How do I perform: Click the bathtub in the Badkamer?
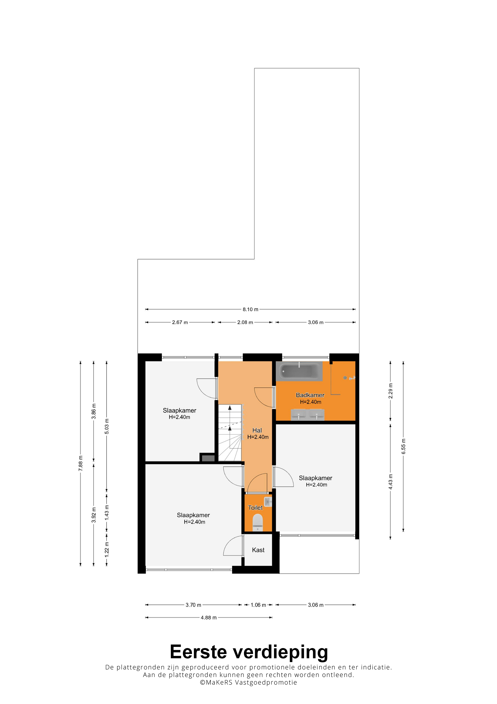point(299,371)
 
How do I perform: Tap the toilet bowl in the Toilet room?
point(257,522)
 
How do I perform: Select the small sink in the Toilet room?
point(268,502)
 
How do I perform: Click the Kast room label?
point(258,550)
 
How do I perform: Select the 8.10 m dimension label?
point(250,309)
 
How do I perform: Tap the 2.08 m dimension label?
point(245,322)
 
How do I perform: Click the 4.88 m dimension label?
point(209,618)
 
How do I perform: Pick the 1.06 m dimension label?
point(258,605)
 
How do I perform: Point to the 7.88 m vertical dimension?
point(80,464)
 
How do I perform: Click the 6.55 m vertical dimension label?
point(403,446)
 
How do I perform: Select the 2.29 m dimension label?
point(390,391)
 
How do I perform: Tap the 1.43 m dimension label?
point(106,512)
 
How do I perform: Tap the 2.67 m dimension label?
point(180,322)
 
